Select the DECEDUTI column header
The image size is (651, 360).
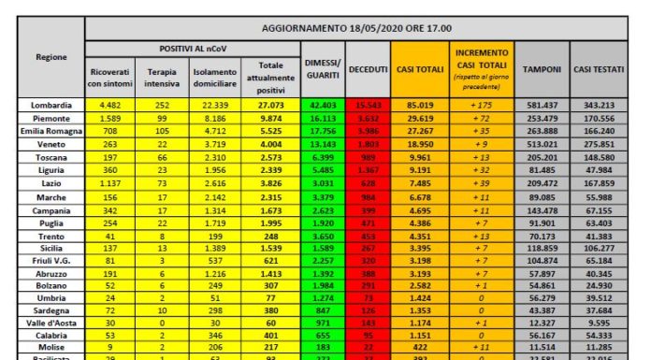pos(369,70)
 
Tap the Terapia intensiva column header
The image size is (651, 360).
pos(162,77)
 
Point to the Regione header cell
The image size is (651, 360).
pos(50,58)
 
